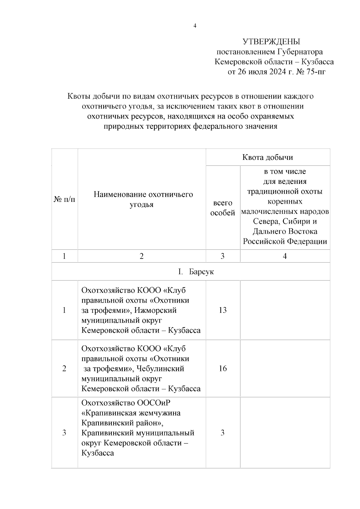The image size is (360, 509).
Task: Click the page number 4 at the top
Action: pyautogui.click(x=195, y=26)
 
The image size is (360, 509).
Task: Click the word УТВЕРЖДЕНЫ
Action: pyautogui.click(x=271, y=42)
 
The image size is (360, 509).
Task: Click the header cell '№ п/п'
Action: pyautogui.click(x=64, y=199)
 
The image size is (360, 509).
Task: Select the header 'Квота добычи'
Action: pyautogui.click(x=268, y=157)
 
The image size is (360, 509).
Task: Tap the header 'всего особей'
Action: pyautogui.click(x=223, y=208)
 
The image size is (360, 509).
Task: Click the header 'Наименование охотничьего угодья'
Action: pyautogui.click(x=143, y=199)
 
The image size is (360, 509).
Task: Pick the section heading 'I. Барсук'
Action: pyautogui.click(x=196, y=272)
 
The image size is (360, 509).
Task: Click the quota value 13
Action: pyautogui.click(x=223, y=310)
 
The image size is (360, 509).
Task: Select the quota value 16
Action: pyautogui.click(x=223, y=368)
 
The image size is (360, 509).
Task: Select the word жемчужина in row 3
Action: pyautogui.click(x=159, y=413)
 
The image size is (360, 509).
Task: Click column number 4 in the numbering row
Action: pyautogui.click(x=285, y=256)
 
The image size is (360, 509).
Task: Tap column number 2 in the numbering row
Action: pyautogui.click(x=142, y=256)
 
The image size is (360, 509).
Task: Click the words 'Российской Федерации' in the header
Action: pyautogui.click(x=285, y=241)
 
